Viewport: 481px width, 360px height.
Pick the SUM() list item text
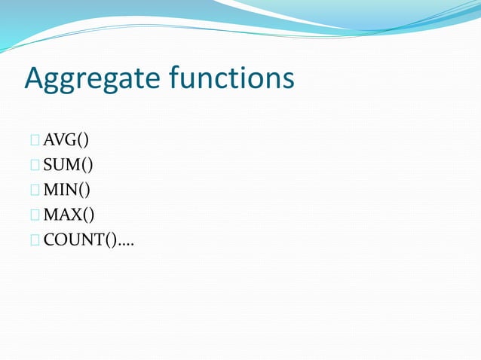click(68, 165)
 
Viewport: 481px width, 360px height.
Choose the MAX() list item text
click(69, 215)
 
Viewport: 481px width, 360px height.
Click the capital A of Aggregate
click(35, 78)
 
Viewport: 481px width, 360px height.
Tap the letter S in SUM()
click(47, 165)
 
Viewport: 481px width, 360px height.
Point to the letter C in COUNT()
click(48, 240)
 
